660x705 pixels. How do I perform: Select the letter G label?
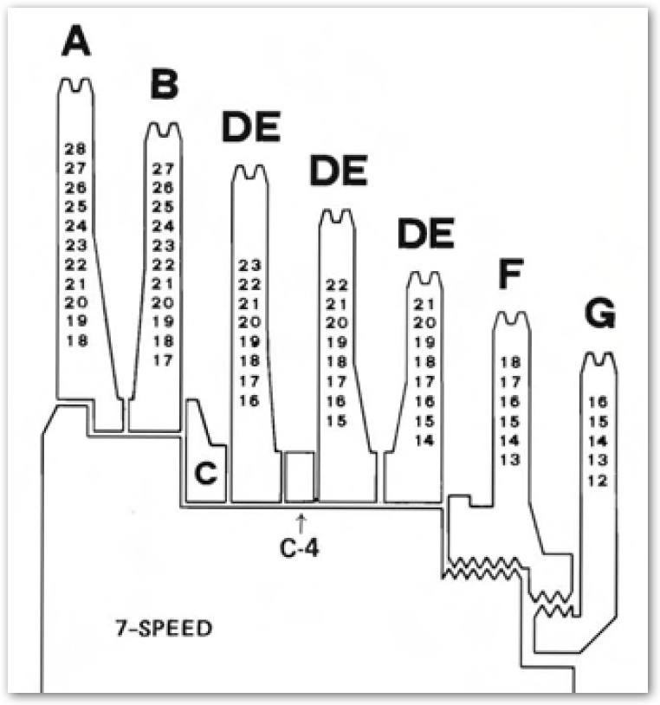pyautogui.click(x=599, y=316)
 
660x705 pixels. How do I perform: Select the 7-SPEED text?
pyautogui.click(x=164, y=627)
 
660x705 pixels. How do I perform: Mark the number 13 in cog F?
pyautogui.click(x=509, y=459)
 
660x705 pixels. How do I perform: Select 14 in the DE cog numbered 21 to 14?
pyautogui.click(x=424, y=440)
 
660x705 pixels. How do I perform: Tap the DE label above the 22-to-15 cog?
pyautogui.click(x=339, y=173)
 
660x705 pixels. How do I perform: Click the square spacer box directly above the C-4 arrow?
pyautogui.click(x=300, y=475)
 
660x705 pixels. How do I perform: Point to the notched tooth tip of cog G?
pyautogui.click(x=598, y=358)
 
